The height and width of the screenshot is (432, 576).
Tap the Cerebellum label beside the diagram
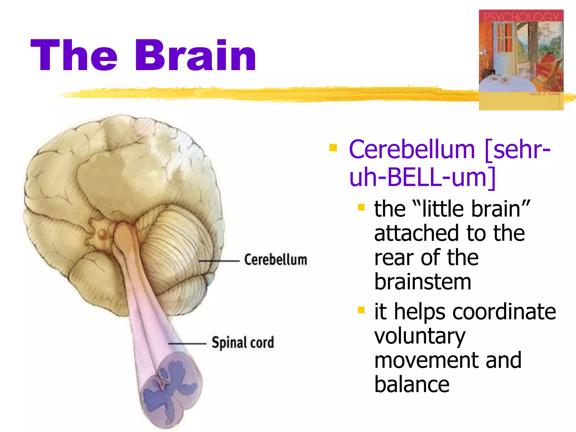[275, 259]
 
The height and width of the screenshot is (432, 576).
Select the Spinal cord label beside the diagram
[243, 343]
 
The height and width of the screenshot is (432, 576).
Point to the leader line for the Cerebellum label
[219, 261]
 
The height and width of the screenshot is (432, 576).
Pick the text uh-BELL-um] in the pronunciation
[422, 177]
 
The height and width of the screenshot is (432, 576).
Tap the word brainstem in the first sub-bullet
[422, 282]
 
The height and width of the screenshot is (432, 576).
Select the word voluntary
[420, 336]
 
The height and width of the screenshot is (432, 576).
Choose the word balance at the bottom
[412, 385]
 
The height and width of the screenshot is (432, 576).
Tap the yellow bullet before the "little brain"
[361, 208]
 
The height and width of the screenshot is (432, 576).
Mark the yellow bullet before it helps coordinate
[361, 310]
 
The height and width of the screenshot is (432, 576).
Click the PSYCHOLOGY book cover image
[521, 60]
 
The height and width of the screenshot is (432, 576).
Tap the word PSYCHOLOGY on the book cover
[521, 17]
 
